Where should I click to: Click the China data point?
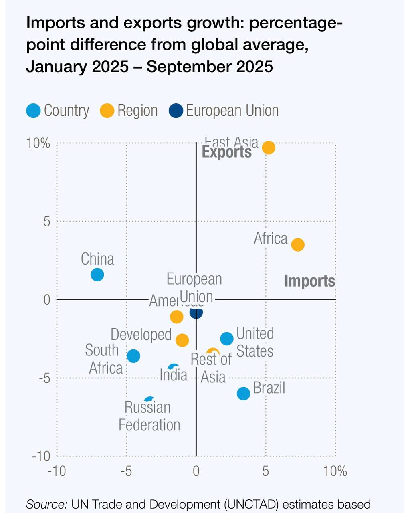tap(97, 275)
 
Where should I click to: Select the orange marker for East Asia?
tap(269, 147)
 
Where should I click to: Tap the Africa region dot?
tap(297, 244)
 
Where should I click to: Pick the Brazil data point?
tap(243, 393)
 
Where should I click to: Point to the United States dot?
tap(227, 339)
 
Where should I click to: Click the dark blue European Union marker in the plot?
tap(196, 312)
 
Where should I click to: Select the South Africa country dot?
tap(133, 355)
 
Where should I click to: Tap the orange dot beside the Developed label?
tap(182, 340)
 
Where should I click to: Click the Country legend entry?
tap(58, 111)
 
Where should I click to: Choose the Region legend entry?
tap(129, 111)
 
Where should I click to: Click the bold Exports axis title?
tap(227, 152)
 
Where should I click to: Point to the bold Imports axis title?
tap(309, 281)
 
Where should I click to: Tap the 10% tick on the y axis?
tap(38, 143)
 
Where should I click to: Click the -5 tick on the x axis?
tap(126, 471)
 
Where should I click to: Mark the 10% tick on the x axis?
tap(335, 471)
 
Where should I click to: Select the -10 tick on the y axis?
tap(41, 456)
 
